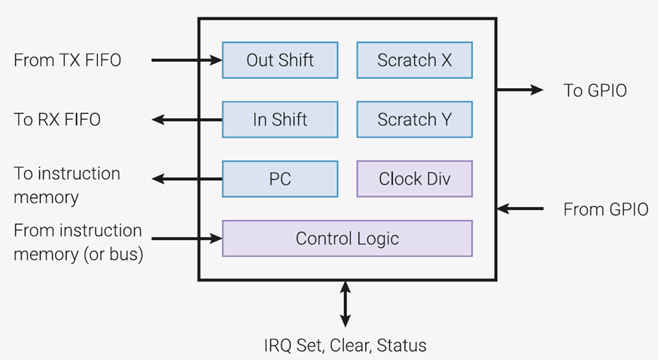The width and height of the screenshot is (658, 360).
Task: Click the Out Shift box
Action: [280, 60]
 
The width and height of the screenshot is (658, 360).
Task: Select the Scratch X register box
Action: [415, 60]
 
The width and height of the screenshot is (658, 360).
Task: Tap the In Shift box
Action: [280, 120]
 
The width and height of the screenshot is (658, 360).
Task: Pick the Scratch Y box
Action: [415, 120]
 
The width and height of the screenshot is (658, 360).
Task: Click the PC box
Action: [280, 178]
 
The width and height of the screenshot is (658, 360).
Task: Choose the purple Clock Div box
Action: [415, 178]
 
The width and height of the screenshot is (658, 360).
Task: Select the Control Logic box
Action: [347, 238]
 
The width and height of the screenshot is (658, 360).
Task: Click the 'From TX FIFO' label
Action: [67, 60]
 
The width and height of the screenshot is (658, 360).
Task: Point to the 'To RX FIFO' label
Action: [57, 120]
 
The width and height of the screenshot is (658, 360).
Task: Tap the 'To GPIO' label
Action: [595, 90]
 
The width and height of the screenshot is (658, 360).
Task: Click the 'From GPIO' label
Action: [605, 209]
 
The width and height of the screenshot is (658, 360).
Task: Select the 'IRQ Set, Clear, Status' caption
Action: [345, 346]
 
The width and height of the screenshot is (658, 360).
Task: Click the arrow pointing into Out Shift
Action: [187, 60]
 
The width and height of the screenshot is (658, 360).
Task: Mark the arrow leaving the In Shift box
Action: [187, 120]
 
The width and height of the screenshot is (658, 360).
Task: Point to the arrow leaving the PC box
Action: [187, 179]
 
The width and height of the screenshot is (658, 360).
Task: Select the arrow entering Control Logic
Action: [187, 239]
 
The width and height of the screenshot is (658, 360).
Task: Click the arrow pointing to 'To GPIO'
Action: [520, 90]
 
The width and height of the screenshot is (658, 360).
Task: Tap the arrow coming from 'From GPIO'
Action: [520, 208]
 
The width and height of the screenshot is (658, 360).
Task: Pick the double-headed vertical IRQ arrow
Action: [345, 304]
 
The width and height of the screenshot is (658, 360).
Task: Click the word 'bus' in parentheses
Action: [123, 255]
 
